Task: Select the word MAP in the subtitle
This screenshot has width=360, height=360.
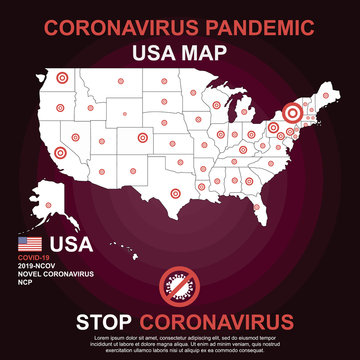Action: [212, 49]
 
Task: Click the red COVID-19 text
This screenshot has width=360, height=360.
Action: [33, 258]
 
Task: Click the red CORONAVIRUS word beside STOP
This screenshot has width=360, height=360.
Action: [217, 321]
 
